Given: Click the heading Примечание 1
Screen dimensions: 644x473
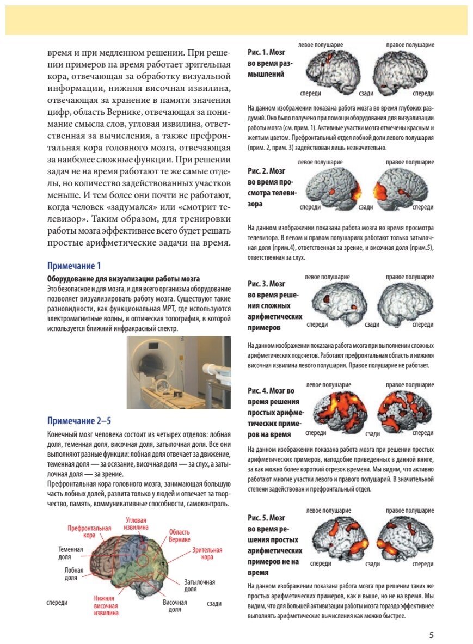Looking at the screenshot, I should (74, 266).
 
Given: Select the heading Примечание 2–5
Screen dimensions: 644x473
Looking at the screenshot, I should (80, 420).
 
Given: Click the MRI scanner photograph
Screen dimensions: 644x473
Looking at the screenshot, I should (179, 372).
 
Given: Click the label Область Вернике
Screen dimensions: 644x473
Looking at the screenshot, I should (179, 536).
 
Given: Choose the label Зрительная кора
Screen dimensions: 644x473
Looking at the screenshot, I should (207, 554).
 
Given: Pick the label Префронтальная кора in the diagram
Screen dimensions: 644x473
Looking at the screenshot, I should (89, 531).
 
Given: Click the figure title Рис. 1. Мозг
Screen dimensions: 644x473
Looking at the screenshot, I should (266, 53).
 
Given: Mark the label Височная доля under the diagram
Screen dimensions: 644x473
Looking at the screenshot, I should (174, 606).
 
